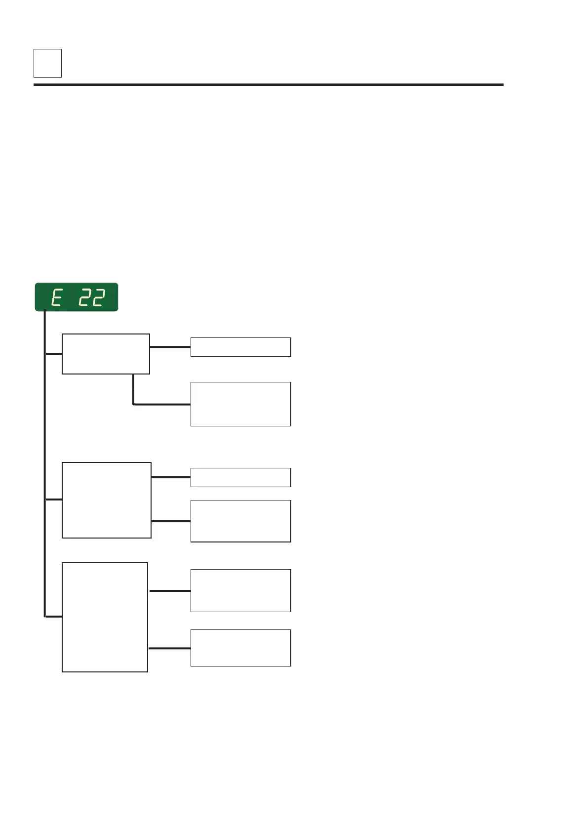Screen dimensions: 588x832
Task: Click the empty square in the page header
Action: [47, 63]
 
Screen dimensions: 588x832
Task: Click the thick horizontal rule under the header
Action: [268, 85]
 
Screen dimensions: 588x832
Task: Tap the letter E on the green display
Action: [57, 298]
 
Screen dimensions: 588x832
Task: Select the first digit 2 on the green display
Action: [85, 298]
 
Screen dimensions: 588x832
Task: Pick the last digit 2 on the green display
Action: [99, 298]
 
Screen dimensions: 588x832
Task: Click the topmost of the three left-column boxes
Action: [106, 354]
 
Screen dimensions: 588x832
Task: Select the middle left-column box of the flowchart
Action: [106, 500]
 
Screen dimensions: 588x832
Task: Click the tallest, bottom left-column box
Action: [105, 617]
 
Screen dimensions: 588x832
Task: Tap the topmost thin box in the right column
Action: [240, 347]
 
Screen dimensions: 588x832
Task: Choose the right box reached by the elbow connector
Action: [240, 404]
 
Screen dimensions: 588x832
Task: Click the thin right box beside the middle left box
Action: [240, 477]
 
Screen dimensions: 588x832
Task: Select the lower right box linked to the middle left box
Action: [240, 521]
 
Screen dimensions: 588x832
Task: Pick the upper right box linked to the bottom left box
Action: [240, 590]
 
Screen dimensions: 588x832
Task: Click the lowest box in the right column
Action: [240, 648]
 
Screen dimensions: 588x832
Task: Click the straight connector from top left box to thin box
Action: [170, 347]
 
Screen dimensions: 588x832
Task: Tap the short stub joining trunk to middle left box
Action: [53, 499]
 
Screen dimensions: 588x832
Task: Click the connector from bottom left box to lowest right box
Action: [169, 648]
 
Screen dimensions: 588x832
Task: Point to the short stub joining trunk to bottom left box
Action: [53, 617]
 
